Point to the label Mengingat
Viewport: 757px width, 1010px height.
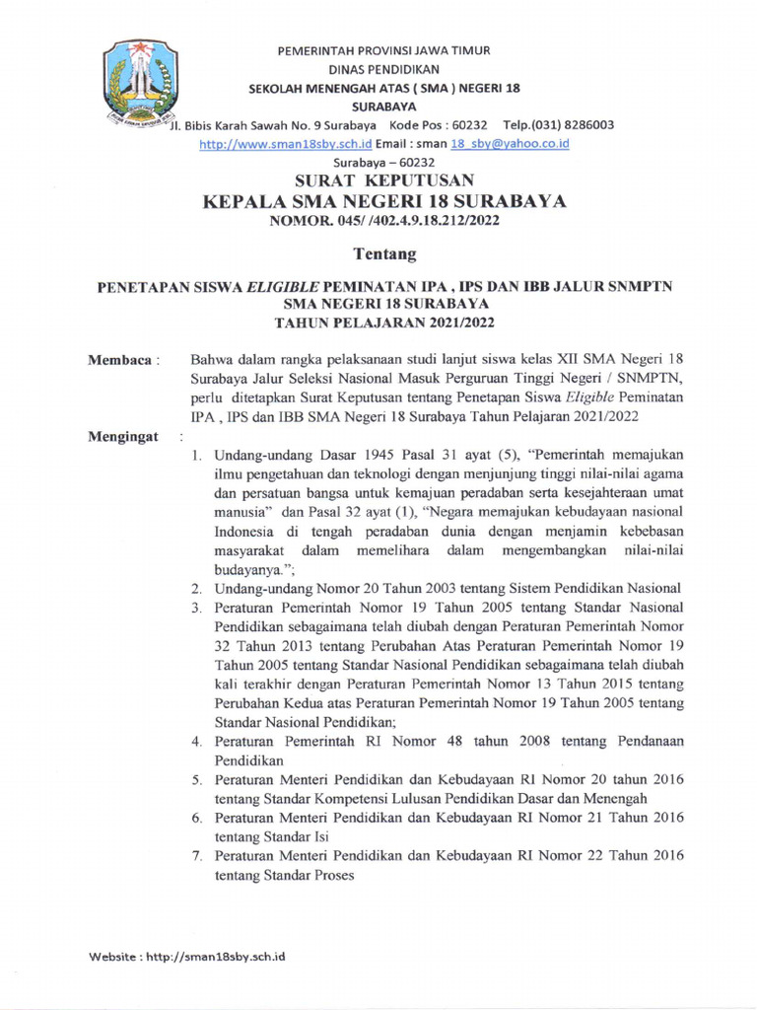(125, 436)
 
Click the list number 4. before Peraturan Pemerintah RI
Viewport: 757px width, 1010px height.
(197, 741)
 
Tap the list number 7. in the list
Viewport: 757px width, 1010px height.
(197, 855)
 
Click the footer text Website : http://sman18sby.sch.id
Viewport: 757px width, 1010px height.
(187, 956)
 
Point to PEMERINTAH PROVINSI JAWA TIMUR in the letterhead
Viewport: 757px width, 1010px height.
(383, 49)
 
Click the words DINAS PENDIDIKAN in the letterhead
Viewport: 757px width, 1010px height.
(383, 68)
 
